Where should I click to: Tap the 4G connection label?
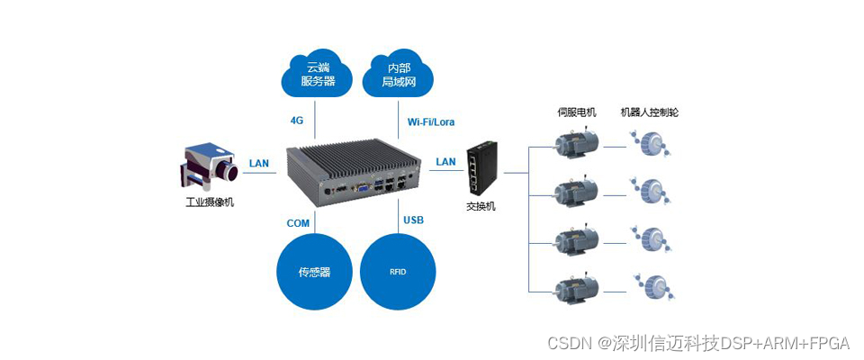coord(297,121)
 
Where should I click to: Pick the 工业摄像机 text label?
coord(210,202)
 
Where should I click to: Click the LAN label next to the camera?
coord(259,163)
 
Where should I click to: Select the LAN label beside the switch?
coord(445,162)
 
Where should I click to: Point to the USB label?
coord(414,220)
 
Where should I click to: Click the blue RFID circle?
coord(398,271)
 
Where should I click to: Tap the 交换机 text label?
coord(480,206)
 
